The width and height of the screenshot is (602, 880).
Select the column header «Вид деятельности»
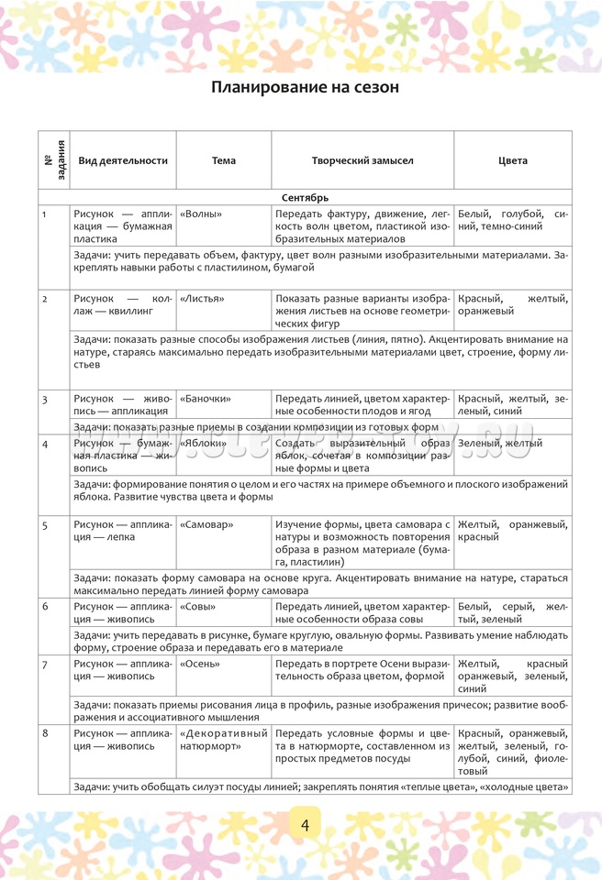pos(123,160)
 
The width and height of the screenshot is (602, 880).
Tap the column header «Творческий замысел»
pos(362,160)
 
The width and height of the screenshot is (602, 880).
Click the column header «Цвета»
pos(513,160)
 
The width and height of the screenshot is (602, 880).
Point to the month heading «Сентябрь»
pos(305,198)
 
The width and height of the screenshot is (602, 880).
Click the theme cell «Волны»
pos(202,214)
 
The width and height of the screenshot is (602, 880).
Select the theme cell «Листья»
pos(203,299)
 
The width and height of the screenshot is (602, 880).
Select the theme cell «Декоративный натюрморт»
pos(224,740)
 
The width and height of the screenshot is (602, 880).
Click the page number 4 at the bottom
pos(304,824)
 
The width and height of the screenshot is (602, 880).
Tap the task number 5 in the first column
pos(45,524)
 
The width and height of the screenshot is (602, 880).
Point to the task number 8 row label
pos(45,733)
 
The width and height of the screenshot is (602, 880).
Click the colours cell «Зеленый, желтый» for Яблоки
pos(500,444)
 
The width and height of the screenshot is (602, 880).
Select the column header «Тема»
pos(224,160)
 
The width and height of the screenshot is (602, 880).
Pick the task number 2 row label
pos(45,299)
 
